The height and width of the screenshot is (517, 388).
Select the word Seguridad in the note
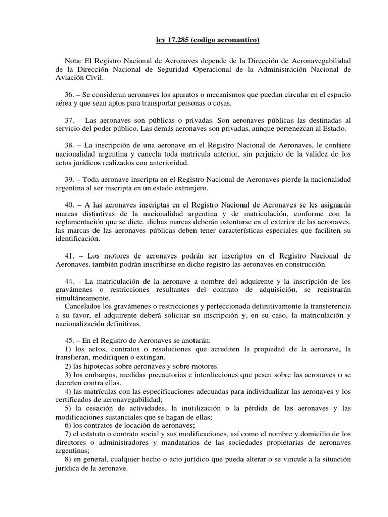click(193, 70)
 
